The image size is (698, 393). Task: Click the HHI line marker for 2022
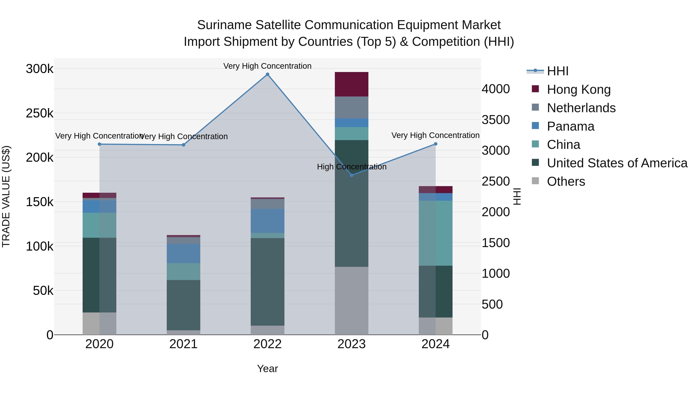[267, 74]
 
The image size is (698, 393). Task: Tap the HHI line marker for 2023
[352, 175]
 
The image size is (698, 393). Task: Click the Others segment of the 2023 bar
[352, 300]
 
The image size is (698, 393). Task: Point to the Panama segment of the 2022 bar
[267, 221]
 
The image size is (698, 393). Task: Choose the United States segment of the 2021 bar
[183, 305]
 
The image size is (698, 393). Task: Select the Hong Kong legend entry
[579, 89]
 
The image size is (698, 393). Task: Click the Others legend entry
[566, 181]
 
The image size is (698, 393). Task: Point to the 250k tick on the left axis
[40, 113]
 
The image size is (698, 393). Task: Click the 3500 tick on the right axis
[496, 120]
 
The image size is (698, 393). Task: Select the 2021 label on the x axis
[183, 344]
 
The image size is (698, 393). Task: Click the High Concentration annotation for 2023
[352, 167]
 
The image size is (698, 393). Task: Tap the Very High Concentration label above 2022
[267, 66]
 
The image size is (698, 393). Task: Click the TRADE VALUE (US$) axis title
[6, 196]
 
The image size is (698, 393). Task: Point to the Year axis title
[267, 369]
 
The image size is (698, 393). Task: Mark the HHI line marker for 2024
[436, 144]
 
